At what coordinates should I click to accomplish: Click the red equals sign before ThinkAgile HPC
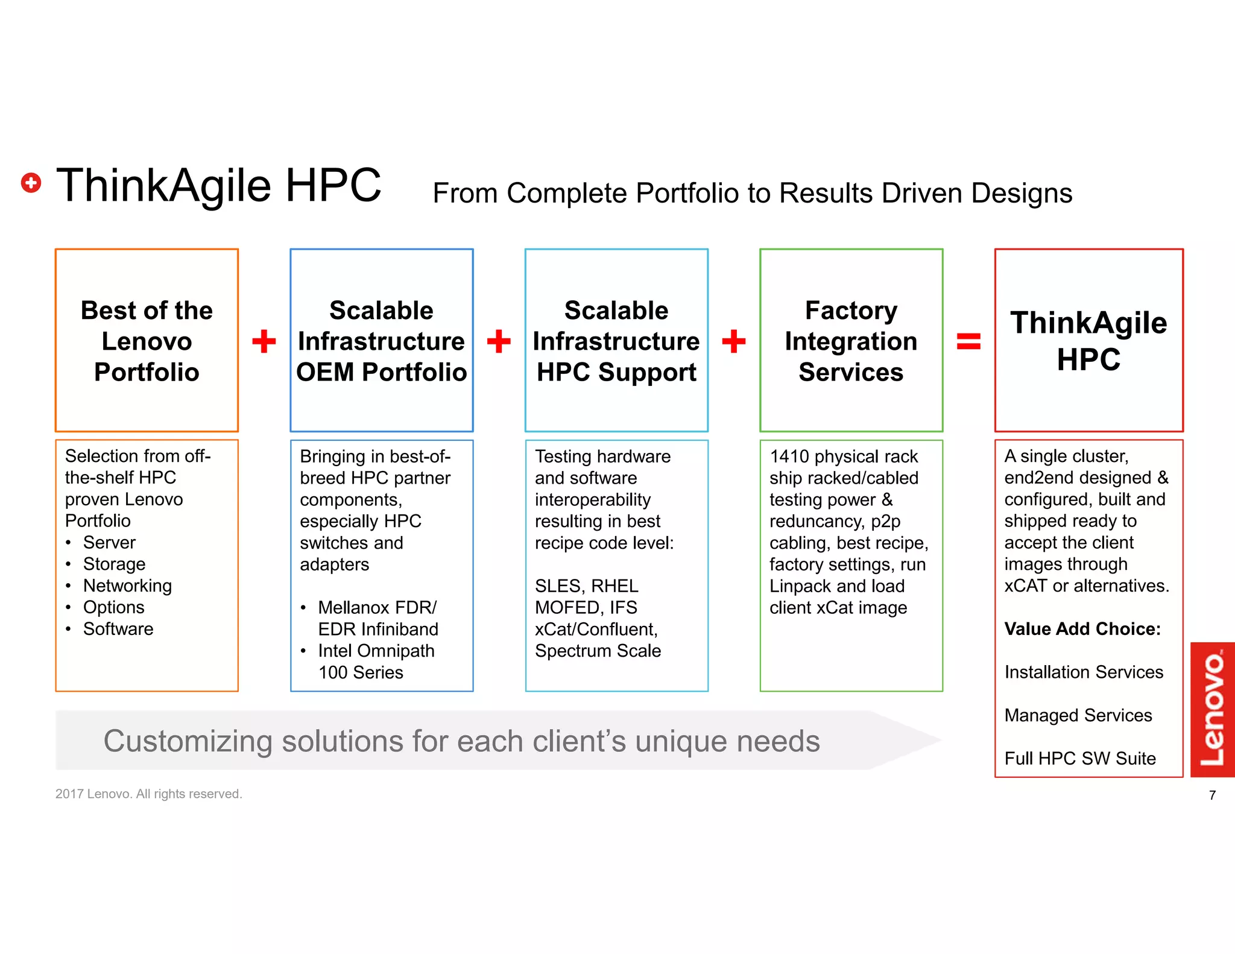pos(968,341)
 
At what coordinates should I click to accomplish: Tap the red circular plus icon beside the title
pos(31,183)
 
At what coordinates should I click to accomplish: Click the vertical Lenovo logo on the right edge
pos(1212,709)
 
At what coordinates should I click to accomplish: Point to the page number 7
pos(1212,795)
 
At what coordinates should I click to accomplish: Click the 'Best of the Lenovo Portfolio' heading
pos(147,341)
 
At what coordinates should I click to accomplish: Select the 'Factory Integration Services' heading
pos(851,341)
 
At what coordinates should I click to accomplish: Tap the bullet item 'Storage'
pos(114,564)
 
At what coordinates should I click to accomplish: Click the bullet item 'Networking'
pos(127,586)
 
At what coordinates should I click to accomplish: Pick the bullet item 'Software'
pos(118,629)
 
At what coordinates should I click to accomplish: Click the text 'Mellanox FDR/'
pos(377,607)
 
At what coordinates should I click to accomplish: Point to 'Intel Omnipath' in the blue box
pos(376,651)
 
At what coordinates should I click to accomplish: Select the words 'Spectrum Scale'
pos(598,651)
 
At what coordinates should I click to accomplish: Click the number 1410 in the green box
pos(789,456)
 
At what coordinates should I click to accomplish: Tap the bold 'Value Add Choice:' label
pos(1082,629)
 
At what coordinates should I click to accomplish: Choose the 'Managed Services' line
pos(1078,715)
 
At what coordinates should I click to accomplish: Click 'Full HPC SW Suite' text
pos(1080,759)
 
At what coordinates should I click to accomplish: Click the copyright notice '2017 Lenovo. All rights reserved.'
pos(148,794)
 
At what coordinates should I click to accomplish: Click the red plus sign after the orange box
pos(264,341)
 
